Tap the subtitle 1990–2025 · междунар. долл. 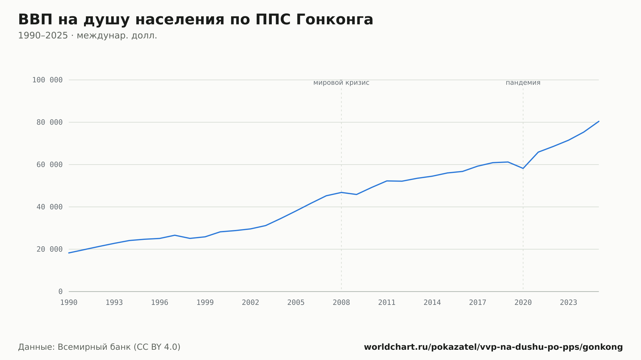coord(87,36)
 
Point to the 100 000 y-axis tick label coord(47,80)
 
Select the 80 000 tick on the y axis coord(50,122)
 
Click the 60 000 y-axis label coord(50,165)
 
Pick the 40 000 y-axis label coord(50,207)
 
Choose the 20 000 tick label coord(50,249)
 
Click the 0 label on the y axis coord(61,291)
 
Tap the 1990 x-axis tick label coord(69,303)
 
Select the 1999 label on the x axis coord(205,303)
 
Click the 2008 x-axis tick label coord(341,303)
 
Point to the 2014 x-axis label coord(432,303)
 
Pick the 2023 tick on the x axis coord(569,303)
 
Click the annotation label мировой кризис coord(341,83)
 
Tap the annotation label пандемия coord(523,83)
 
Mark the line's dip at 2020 coord(523,168)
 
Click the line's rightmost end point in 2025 coord(599,121)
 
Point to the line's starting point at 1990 coord(69,253)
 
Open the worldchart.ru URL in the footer coord(493,347)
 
